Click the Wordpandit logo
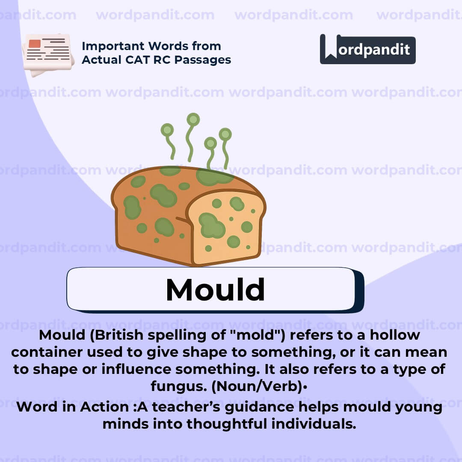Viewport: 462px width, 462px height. point(367,49)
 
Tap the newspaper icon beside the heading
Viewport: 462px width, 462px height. point(47,54)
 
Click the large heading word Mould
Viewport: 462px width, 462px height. point(215,290)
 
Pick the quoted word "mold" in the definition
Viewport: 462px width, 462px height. point(261,335)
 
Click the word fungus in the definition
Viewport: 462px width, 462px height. point(178,387)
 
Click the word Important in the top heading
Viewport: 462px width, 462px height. point(115,46)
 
